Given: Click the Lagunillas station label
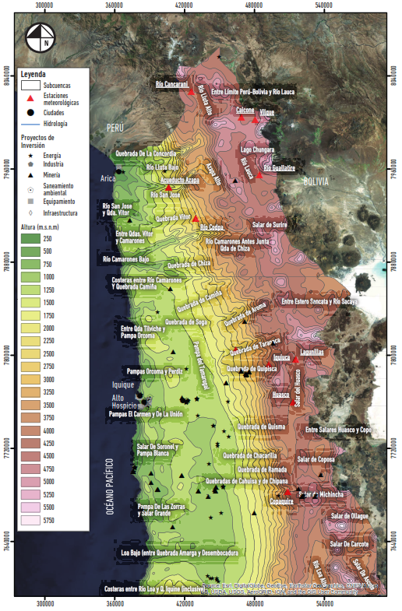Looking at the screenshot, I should tap(314, 352).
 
